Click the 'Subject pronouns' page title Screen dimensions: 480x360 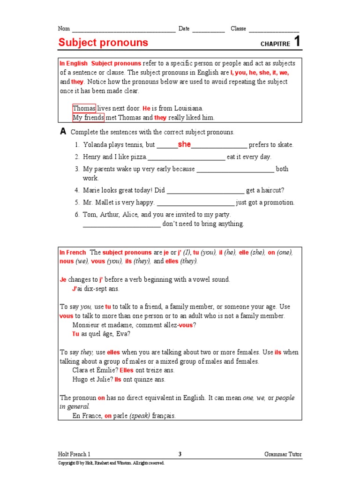103,43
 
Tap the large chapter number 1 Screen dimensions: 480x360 297,42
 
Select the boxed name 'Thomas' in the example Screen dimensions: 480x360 84,108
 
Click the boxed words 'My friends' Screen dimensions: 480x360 88,118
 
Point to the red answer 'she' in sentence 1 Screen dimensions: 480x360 184,144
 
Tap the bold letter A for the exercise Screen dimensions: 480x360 63,132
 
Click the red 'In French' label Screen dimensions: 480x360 73,252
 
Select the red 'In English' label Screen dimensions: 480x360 74,63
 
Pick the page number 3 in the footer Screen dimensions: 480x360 180,454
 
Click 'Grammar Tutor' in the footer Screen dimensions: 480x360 283,454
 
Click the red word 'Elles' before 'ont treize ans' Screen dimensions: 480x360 127,370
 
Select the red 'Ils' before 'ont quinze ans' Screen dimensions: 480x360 118,380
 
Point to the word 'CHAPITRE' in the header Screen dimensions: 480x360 275,44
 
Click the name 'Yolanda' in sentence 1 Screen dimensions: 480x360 95,145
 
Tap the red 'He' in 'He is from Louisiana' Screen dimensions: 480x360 146,108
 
